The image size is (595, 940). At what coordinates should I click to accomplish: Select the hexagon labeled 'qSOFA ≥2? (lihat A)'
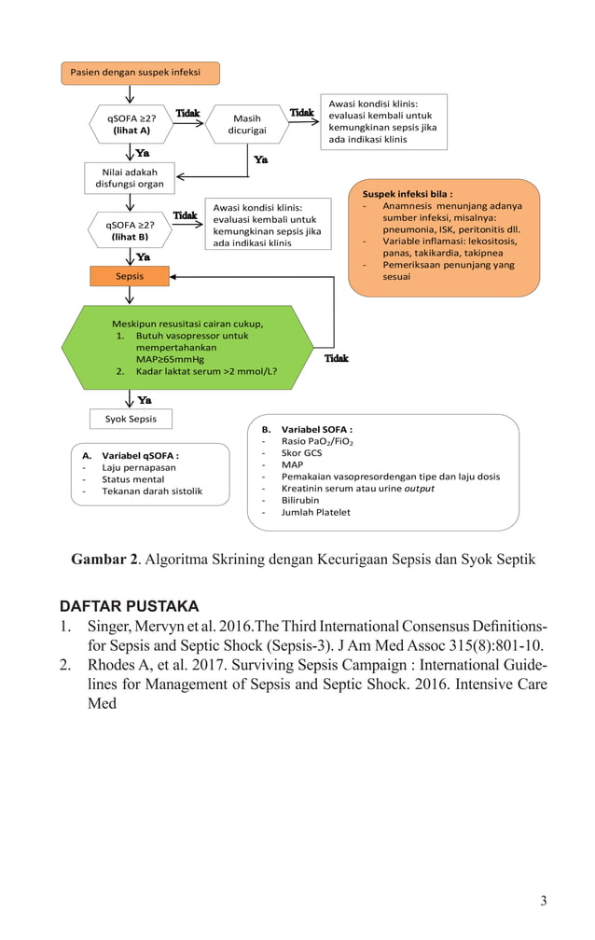click(x=131, y=124)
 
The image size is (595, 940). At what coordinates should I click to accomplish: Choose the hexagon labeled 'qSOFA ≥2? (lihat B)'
click(x=131, y=230)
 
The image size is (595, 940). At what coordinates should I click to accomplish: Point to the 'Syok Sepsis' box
click(x=131, y=419)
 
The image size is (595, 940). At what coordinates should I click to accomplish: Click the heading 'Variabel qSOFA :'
click(x=140, y=455)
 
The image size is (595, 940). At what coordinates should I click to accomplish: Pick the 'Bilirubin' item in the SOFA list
click(x=300, y=500)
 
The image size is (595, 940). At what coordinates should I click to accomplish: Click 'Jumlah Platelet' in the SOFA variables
click(x=316, y=512)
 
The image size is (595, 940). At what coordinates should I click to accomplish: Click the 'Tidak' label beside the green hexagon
click(x=336, y=358)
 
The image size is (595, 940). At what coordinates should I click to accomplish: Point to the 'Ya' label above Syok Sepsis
click(x=145, y=400)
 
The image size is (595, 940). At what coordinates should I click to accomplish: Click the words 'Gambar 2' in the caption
click(x=104, y=560)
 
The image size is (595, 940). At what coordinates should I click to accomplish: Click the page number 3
click(x=543, y=900)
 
